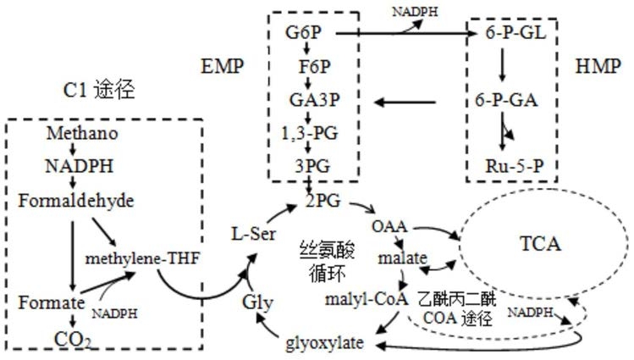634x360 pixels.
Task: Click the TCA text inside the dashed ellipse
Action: (540, 244)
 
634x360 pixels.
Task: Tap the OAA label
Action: (389, 226)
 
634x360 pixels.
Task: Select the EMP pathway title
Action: (223, 66)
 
